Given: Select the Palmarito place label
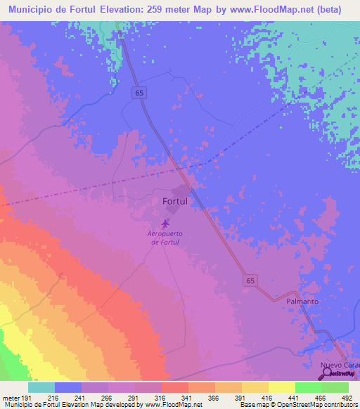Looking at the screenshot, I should [x=302, y=301].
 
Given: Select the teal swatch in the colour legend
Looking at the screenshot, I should [x=41, y=387].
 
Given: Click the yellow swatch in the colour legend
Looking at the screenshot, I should [x=281, y=387].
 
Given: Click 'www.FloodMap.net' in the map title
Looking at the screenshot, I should [x=264, y=9].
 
